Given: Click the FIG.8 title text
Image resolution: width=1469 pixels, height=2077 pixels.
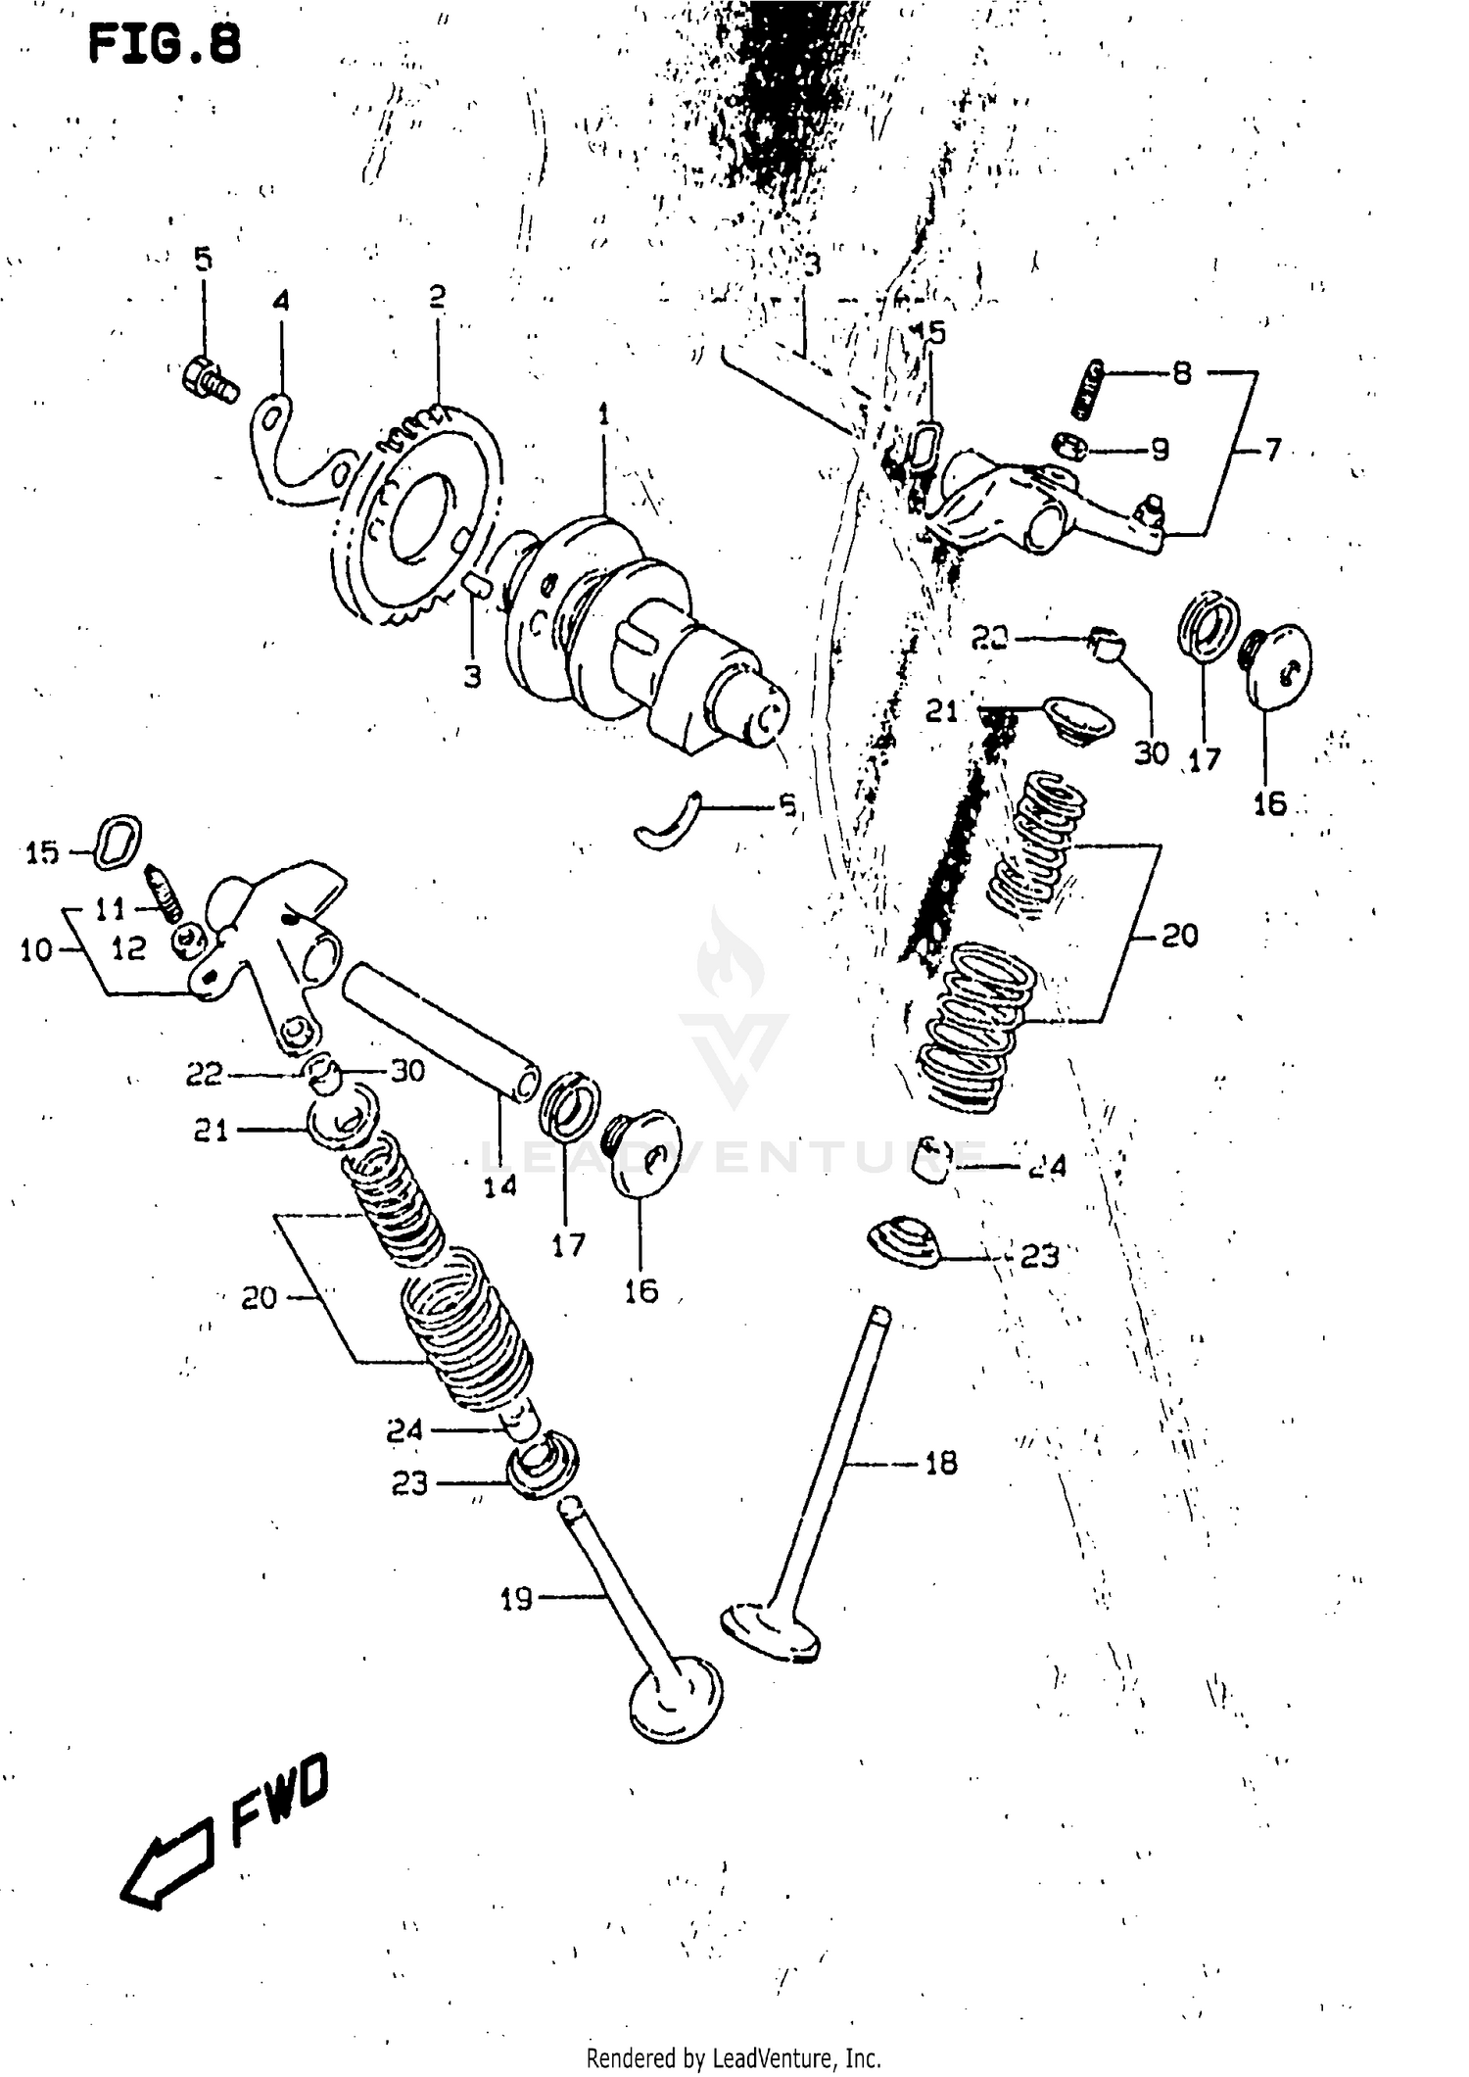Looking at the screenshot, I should click(165, 45).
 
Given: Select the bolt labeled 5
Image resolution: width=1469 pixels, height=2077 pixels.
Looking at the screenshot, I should click(210, 380).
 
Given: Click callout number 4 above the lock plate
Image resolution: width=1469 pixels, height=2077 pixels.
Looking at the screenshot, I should click(281, 300).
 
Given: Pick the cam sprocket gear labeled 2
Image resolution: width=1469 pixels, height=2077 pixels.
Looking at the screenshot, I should click(416, 519).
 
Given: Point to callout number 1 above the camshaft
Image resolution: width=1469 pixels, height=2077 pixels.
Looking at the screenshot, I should click(603, 414).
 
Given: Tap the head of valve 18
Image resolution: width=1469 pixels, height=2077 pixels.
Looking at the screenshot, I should click(771, 1629).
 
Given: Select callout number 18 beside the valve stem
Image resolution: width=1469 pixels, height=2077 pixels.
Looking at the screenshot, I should click(940, 1463).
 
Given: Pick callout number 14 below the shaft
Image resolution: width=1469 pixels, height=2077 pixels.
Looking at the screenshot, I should click(499, 1186).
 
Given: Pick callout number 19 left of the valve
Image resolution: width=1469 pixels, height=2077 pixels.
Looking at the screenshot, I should click(516, 1599).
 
